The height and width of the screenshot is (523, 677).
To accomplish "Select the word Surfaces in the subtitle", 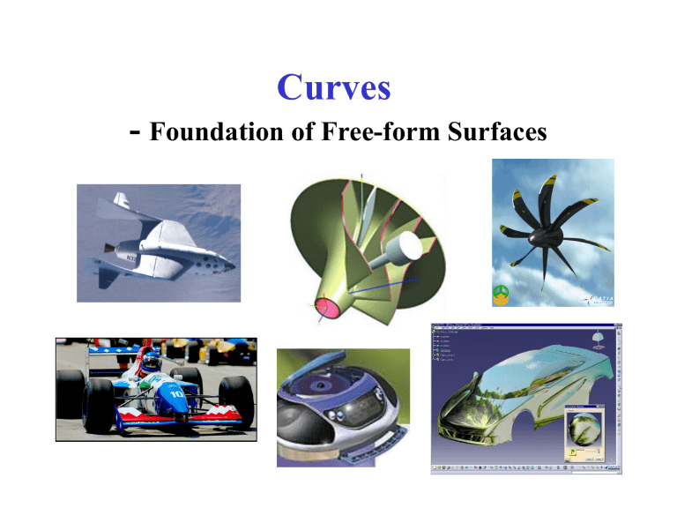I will (489, 133).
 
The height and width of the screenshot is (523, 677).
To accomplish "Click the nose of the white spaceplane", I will (233, 262).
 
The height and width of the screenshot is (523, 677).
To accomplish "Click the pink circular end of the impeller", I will (327, 309).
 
